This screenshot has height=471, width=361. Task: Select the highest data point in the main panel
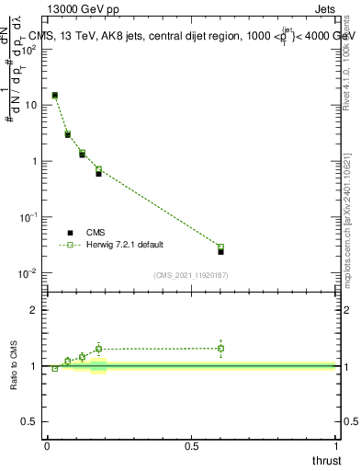55,95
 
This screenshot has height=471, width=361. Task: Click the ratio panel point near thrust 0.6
220,348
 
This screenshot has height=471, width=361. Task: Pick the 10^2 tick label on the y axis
30,49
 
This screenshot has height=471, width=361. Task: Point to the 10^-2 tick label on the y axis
30,273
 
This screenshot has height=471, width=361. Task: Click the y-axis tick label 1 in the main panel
34,161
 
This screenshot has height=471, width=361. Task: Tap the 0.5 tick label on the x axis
191,446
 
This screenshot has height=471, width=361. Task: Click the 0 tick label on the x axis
47,446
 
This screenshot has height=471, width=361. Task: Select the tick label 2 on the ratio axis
34,310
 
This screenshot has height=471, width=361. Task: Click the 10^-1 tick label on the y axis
30,217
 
